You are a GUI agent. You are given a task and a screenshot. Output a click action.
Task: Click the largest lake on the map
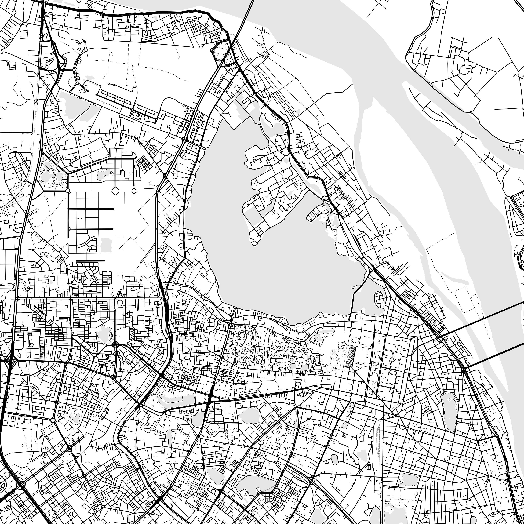click(x=271, y=260)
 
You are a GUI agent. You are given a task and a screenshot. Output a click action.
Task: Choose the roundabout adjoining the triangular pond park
click(x=68, y=191)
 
